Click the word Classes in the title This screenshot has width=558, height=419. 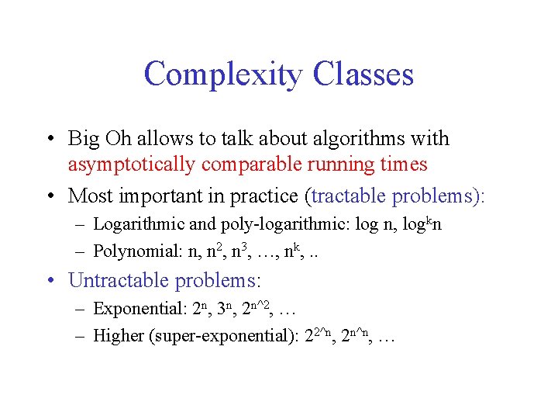363,74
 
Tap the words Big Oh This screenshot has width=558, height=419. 97,139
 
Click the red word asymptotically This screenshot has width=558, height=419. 133,164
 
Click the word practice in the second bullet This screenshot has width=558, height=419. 267,196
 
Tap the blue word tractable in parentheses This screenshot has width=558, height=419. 350,196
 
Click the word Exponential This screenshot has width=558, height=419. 138,309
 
